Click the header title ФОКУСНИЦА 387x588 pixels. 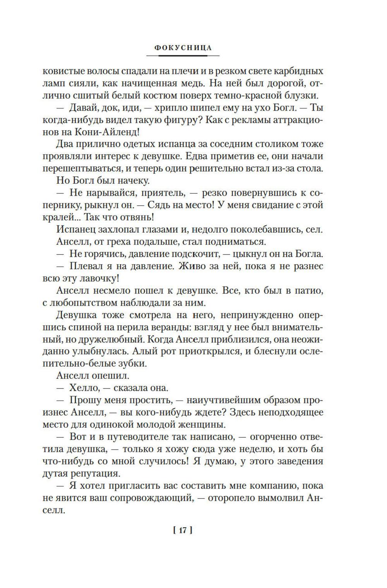[x=183, y=48]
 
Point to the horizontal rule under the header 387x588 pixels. [x=183, y=56]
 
